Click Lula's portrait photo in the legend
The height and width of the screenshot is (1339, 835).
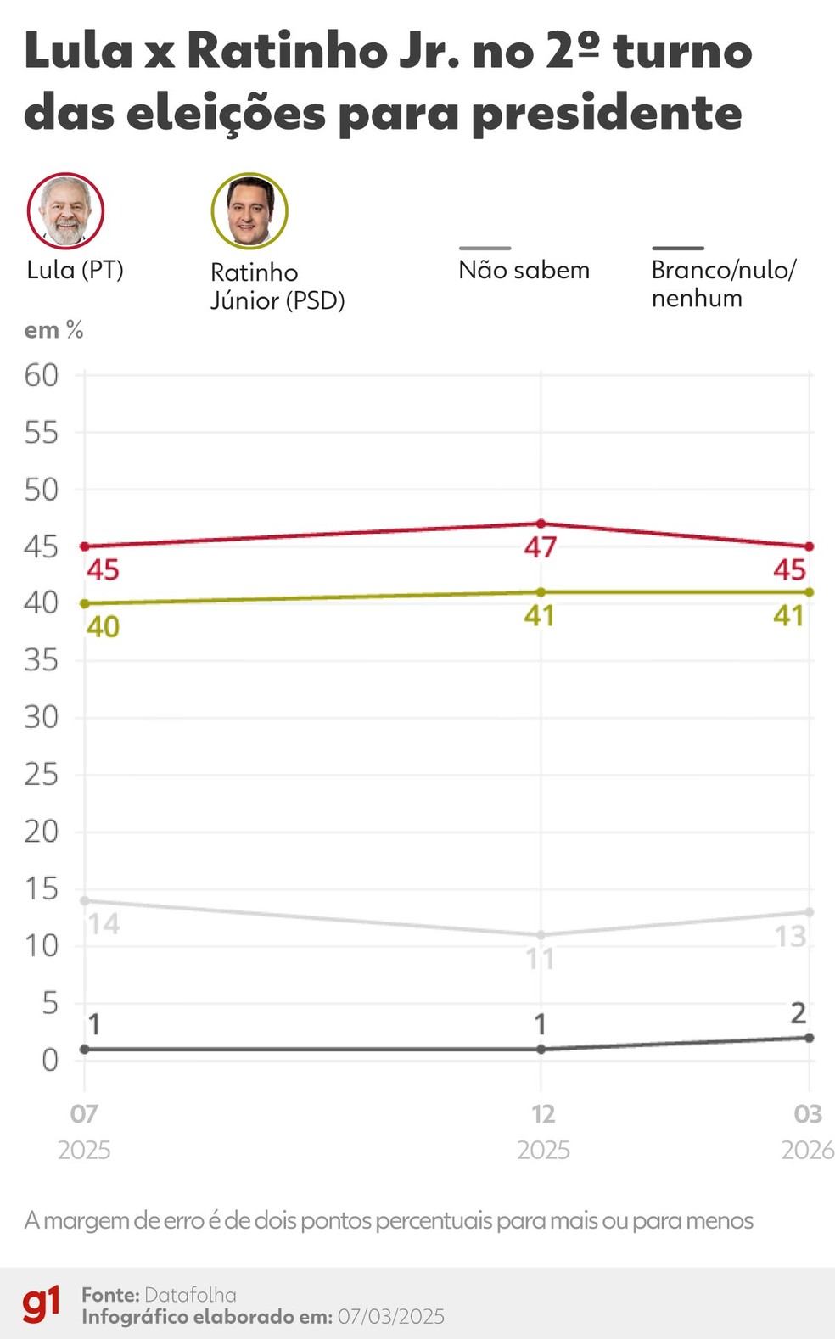point(65,210)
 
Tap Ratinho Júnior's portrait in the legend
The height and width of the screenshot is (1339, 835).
point(249,211)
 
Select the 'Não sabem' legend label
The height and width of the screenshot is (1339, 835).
point(524,270)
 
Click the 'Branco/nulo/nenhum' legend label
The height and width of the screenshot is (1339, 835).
point(723,283)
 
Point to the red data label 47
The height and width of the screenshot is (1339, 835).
point(540,547)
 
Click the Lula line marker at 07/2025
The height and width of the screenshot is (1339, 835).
point(84,546)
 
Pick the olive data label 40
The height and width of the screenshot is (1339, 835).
point(103,627)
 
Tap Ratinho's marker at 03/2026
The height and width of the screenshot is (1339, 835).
point(810,592)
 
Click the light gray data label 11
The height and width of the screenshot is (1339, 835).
point(540,959)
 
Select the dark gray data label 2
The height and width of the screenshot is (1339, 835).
point(798,1013)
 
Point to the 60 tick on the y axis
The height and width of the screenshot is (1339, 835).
point(41,375)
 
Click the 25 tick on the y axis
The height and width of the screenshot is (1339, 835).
point(41,775)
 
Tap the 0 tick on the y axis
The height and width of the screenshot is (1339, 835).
point(49,1060)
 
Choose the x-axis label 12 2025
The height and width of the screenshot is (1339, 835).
point(543,1132)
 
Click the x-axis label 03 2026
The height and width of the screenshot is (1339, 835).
point(807,1132)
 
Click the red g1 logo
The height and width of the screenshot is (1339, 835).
point(41,1304)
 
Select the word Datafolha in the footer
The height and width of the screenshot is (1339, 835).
point(190,1295)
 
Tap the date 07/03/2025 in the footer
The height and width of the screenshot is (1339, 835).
point(390,1317)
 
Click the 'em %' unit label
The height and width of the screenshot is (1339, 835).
point(53,330)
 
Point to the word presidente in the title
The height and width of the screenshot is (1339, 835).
point(606,113)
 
